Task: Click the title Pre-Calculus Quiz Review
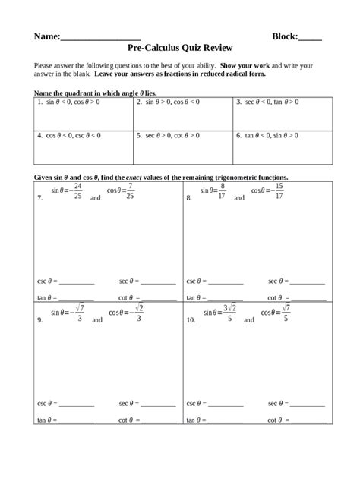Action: (180, 46)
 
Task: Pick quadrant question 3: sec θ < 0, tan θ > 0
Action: (272, 101)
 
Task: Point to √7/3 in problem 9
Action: (79, 313)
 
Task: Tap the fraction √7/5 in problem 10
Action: (285, 313)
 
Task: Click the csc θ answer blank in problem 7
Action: (76, 282)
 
